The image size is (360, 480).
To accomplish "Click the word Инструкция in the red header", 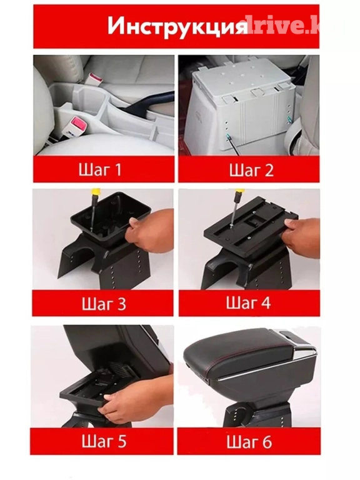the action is point(177,27).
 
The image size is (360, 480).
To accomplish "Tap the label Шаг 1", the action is point(100,169).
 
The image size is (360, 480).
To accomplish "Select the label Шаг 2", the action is point(251,170).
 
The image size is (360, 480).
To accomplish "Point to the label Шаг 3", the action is point(104,303).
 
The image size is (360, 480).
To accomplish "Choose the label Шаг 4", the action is point(248,302).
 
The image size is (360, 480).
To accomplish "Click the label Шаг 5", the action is point(104,441).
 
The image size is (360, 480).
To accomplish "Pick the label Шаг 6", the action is point(249,441).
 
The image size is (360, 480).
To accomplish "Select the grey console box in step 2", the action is point(242,107).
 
